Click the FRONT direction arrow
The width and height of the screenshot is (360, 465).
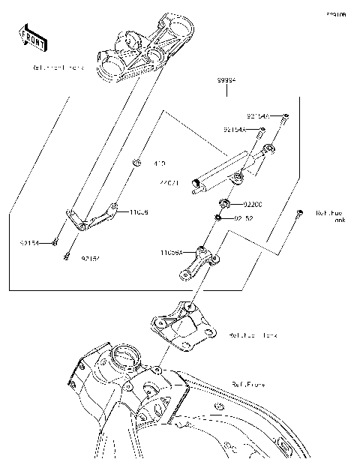pyautogui.click(x=32, y=37)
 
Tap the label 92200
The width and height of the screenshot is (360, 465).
pyautogui.click(x=253, y=204)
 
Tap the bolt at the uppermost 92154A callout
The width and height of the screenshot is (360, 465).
pyautogui.click(x=286, y=117)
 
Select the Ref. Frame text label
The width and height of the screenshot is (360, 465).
pyautogui.click(x=247, y=384)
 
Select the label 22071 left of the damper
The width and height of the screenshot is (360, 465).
pyautogui.click(x=169, y=182)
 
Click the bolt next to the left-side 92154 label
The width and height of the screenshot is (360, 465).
pyautogui.click(x=55, y=242)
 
